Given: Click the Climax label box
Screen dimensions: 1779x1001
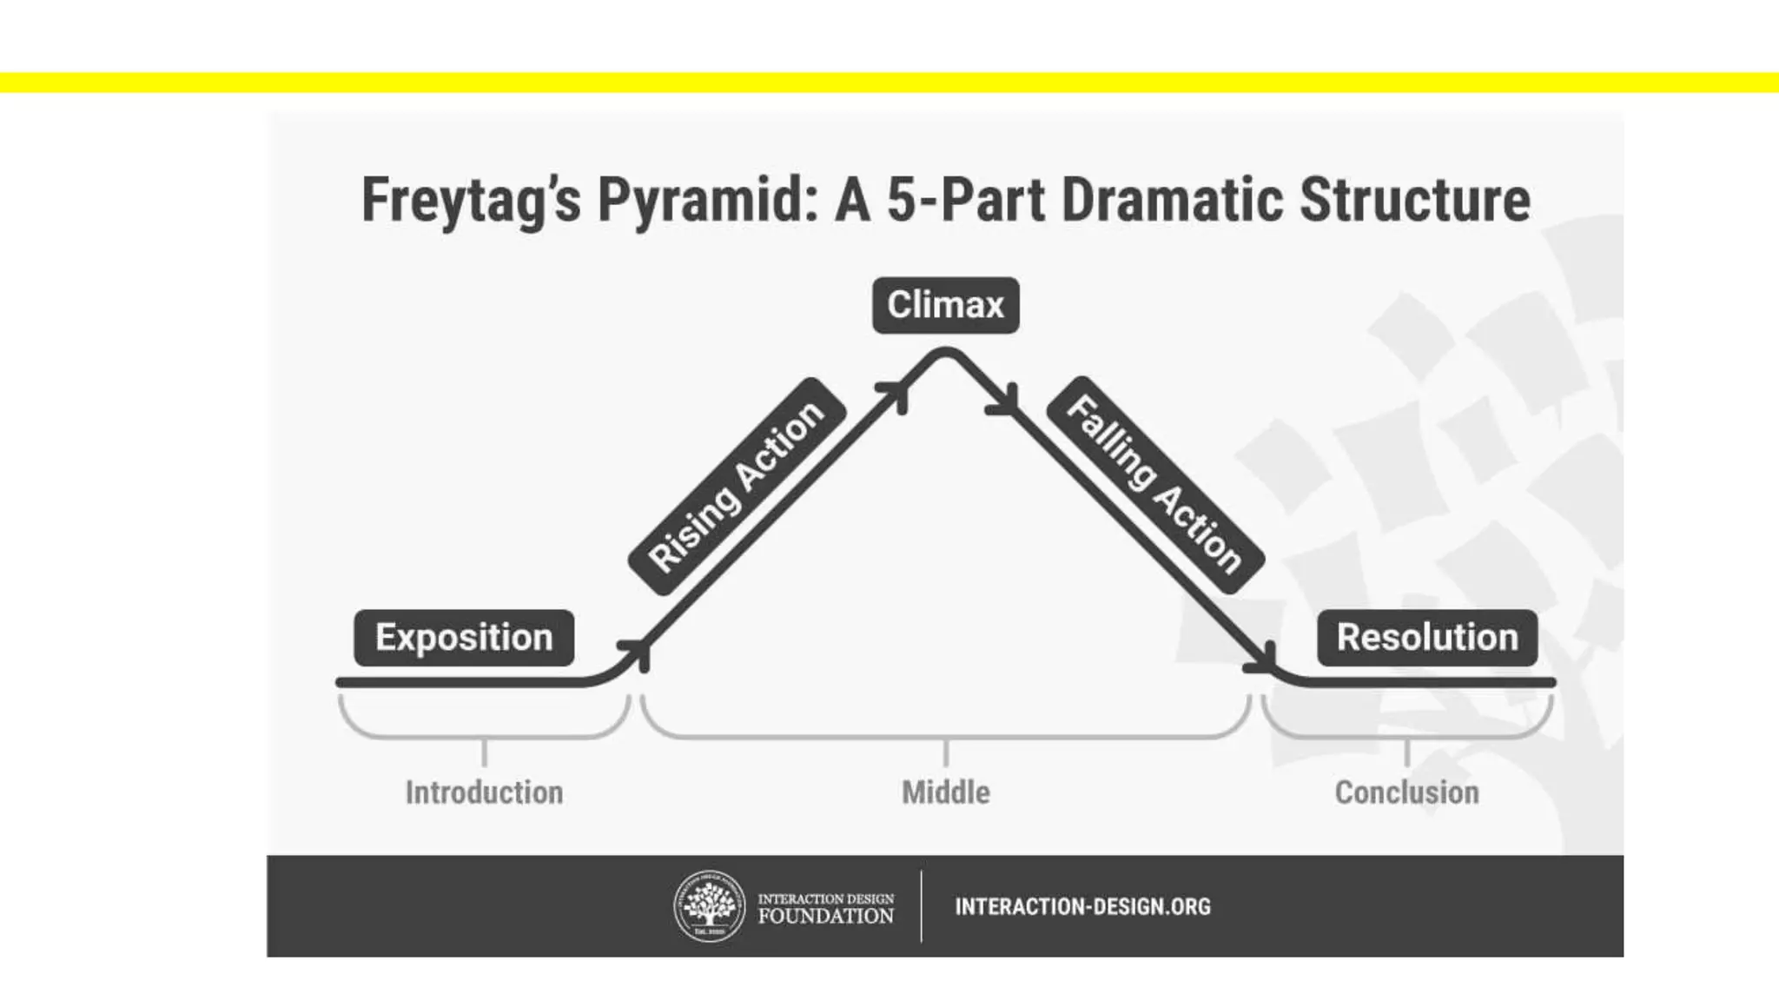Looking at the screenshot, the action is (945, 305).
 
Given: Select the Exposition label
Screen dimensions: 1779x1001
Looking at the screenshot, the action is (464, 638).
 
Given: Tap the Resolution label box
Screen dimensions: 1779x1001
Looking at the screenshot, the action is (1427, 638).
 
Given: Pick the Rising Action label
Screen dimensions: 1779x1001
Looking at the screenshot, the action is (737, 487).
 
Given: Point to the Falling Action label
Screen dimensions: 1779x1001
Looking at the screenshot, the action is (1154, 485).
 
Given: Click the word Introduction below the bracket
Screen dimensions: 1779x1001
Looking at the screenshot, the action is (484, 792).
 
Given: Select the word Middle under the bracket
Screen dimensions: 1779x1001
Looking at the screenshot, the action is (945, 792).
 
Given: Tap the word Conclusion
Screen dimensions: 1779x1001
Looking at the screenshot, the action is (1406, 792).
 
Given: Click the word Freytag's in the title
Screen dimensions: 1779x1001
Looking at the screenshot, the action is (470, 201).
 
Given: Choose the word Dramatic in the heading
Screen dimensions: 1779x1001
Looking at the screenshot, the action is (1171, 201).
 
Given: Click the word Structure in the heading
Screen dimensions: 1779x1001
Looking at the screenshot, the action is (1414, 201).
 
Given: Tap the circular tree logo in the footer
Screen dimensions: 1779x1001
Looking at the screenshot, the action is (710, 906).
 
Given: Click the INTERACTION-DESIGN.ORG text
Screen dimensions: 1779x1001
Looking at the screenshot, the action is (1082, 907).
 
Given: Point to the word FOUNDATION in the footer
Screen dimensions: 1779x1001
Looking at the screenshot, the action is (825, 916).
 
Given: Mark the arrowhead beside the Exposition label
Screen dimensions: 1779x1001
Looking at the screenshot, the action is (639, 652).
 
